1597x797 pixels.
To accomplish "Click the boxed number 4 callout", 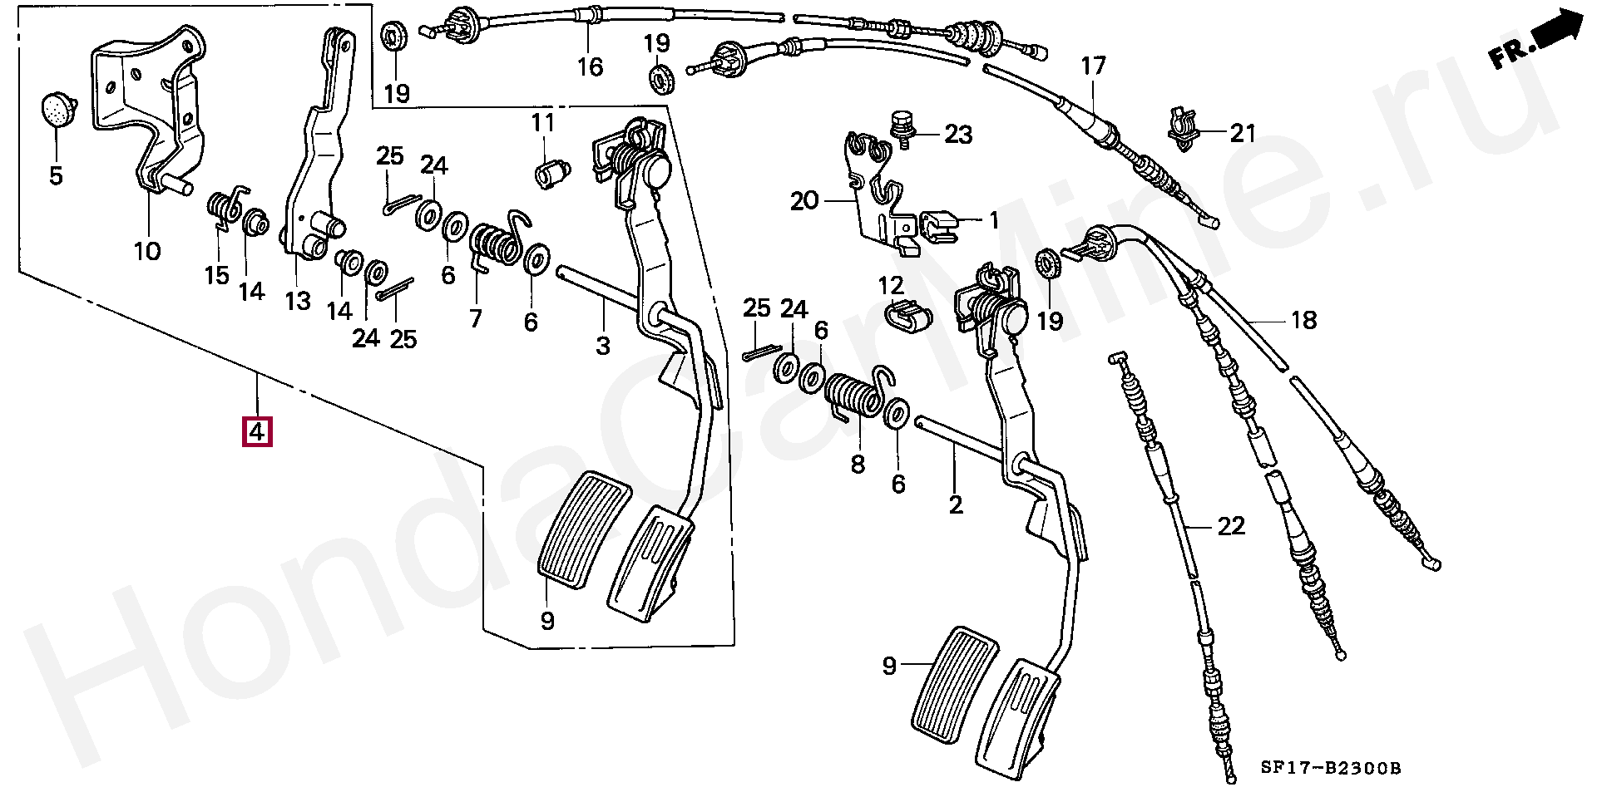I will pos(257,432).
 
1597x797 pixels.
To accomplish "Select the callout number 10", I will pos(147,250).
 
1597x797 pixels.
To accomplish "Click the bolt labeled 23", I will pos(901,126).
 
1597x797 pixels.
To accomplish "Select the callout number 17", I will pos(1093,66).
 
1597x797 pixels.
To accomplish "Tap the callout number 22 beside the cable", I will pos(1231,526).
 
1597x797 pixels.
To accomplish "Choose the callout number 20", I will pos(803,201).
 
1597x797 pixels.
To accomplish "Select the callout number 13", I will pos(297,300).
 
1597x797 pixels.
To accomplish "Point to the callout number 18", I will pos(1303,319).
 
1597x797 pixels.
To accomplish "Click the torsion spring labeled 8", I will pos(855,395).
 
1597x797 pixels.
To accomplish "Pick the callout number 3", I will pos(602,345).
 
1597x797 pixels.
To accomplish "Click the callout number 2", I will pos(955,504).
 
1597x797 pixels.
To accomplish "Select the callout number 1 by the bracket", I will pos(993,220).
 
